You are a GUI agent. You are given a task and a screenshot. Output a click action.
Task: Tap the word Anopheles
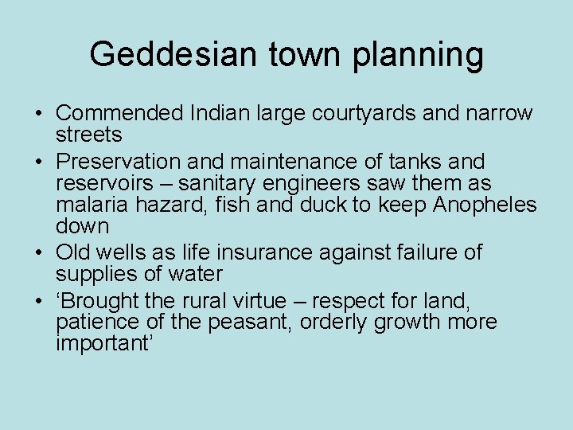tap(485, 205)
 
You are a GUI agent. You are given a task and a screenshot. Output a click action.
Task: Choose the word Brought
tap(99, 302)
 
